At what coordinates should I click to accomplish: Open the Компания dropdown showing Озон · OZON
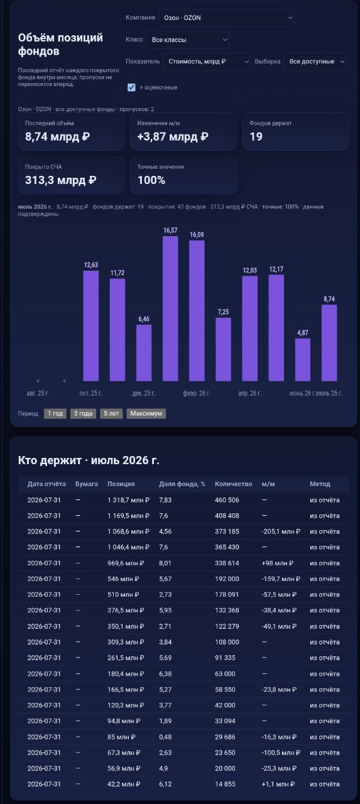click(x=226, y=18)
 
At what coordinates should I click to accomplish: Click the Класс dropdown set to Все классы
click(x=187, y=40)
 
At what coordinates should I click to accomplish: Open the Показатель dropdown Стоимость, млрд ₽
click(x=207, y=62)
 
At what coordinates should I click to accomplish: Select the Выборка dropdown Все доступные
click(x=315, y=62)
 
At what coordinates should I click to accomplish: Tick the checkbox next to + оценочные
click(x=131, y=87)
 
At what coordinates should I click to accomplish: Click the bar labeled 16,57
click(x=170, y=308)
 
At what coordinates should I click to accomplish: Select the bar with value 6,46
click(x=144, y=352)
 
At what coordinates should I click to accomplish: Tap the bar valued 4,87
click(x=303, y=359)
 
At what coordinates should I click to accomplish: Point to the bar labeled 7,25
click(x=223, y=349)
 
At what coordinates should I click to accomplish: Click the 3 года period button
click(x=83, y=413)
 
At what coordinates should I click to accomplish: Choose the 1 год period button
click(x=55, y=413)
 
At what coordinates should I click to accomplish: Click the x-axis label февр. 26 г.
click(x=197, y=393)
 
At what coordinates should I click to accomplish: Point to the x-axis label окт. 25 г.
click(x=91, y=393)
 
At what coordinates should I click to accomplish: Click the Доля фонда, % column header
click(x=182, y=484)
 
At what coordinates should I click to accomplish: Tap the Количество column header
click(x=233, y=484)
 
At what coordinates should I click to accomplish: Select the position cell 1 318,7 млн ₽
click(x=128, y=499)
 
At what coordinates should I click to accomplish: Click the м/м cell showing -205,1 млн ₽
click(x=281, y=531)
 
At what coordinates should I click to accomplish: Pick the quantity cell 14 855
click(x=225, y=784)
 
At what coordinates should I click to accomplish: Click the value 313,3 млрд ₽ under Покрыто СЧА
click(x=61, y=180)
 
